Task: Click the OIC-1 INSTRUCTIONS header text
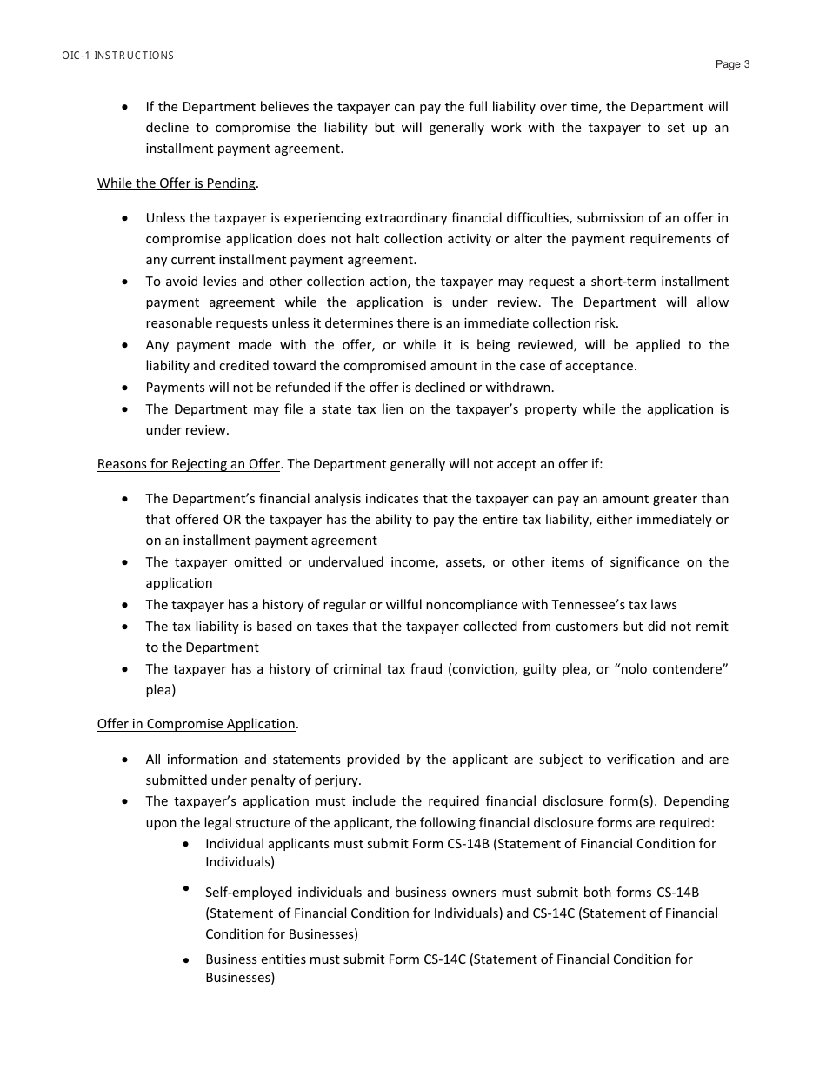(x=118, y=56)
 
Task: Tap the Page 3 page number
(x=732, y=64)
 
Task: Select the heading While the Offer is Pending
(x=177, y=183)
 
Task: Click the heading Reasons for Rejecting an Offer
(x=189, y=464)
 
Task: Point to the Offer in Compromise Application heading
(x=197, y=724)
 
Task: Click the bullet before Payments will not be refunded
(x=127, y=388)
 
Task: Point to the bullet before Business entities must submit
(x=186, y=960)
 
